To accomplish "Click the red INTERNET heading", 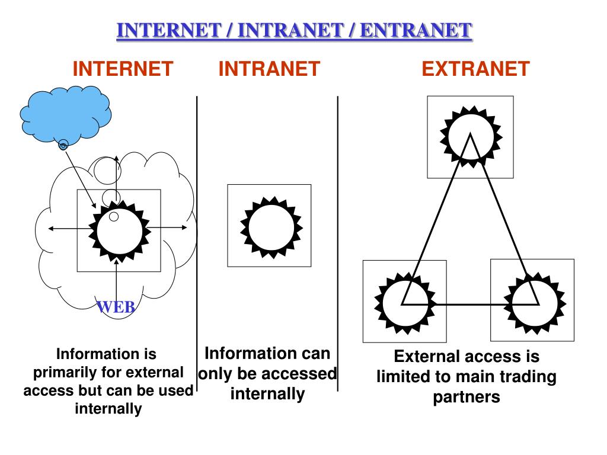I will (x=123, y=69).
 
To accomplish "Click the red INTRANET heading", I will (x=269, y=69).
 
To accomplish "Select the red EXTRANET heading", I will (x=475, y=69).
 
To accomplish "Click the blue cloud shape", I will (x=65, y=112).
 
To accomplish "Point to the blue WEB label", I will (x=116, y=307).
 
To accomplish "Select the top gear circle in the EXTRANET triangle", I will (x=471, y=135).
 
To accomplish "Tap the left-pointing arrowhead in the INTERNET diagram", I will (x=50, y=229).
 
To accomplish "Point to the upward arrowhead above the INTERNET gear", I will (x=117, y=158).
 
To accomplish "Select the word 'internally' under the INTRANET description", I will (x=267, y=393).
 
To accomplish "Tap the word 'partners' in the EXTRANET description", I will (x=467, y=396).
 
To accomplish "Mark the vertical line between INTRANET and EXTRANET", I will (x=338, y=243).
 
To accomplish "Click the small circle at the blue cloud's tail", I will (x=63, y=144).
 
